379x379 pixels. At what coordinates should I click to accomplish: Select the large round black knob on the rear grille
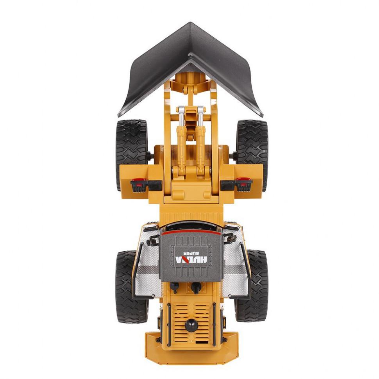191,325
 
